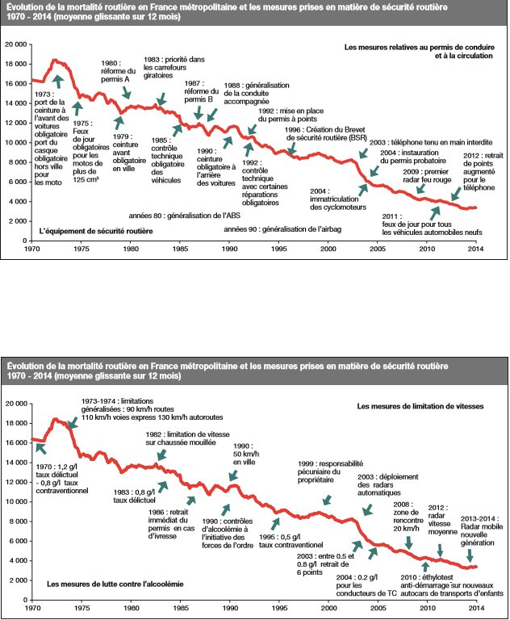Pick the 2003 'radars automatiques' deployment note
click(378, 487)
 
